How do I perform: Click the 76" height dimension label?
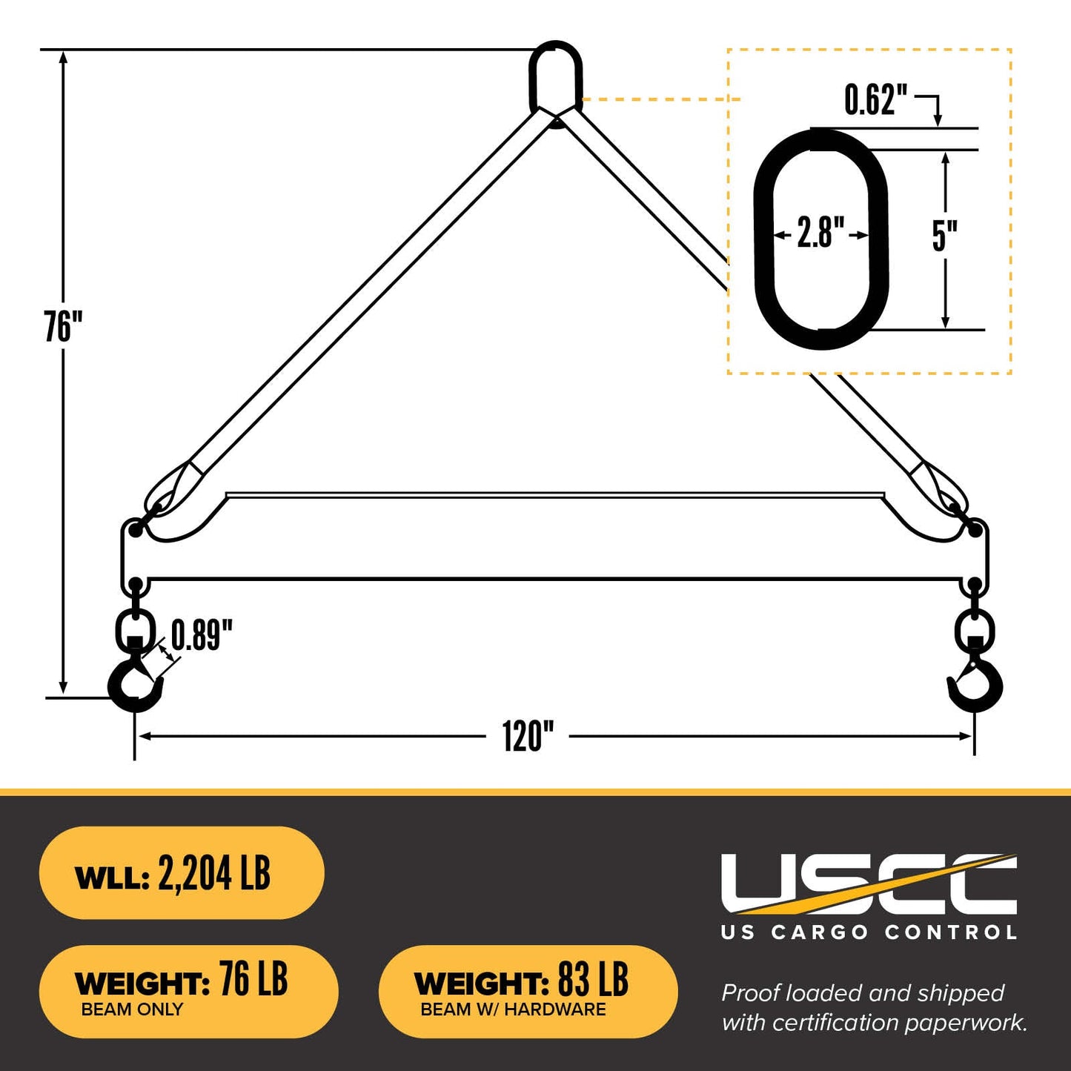[x=63, y=327]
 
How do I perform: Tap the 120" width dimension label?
[x=528, y=737]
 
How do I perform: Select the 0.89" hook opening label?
[x=202, y=635]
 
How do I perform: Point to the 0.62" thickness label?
[x=876, y=99]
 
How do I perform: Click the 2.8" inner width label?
[x=820, y=233]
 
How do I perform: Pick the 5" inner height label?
[x=944, y=236]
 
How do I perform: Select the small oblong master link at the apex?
[x=555, y=76]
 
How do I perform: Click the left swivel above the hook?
[x=135, y=629]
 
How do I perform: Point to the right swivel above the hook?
[x=974, y=629]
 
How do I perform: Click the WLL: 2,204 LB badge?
[x=181, y=874]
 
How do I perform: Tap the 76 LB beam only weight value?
[x=253, y=980]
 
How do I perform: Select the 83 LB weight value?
[x=593, y=980]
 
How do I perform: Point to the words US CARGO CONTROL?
[x=869, y=932]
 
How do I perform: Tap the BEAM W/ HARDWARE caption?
[x=513, y=1009]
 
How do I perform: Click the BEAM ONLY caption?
[x=132, y=1009]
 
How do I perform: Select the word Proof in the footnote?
[x=751, y=993]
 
